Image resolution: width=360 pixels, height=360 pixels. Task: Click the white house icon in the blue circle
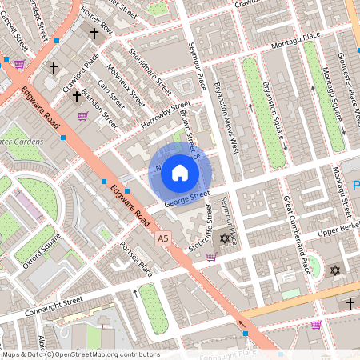pyautogui.click(x=180, y=172)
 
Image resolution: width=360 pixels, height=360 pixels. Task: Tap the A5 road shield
pyautogui.click(x=163, y=238)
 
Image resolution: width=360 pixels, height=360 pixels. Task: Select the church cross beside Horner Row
pyautogui.click(x=94, y=34)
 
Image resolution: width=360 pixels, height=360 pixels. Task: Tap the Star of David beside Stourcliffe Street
pyautogui.click(x=224, y=238)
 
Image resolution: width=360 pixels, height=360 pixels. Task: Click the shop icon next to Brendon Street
pyautogui.click(x=82, y=116)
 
